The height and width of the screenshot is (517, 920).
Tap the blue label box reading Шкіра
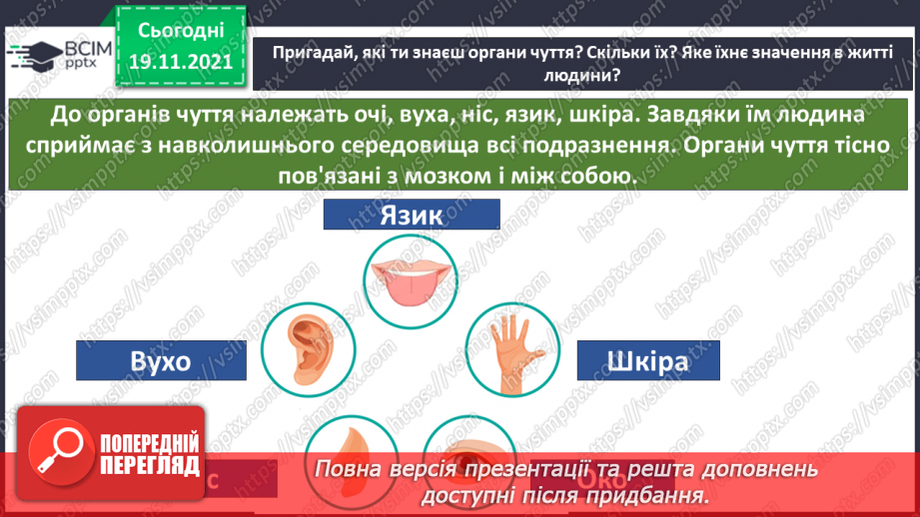pyautogui.click(x=646, y=359)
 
